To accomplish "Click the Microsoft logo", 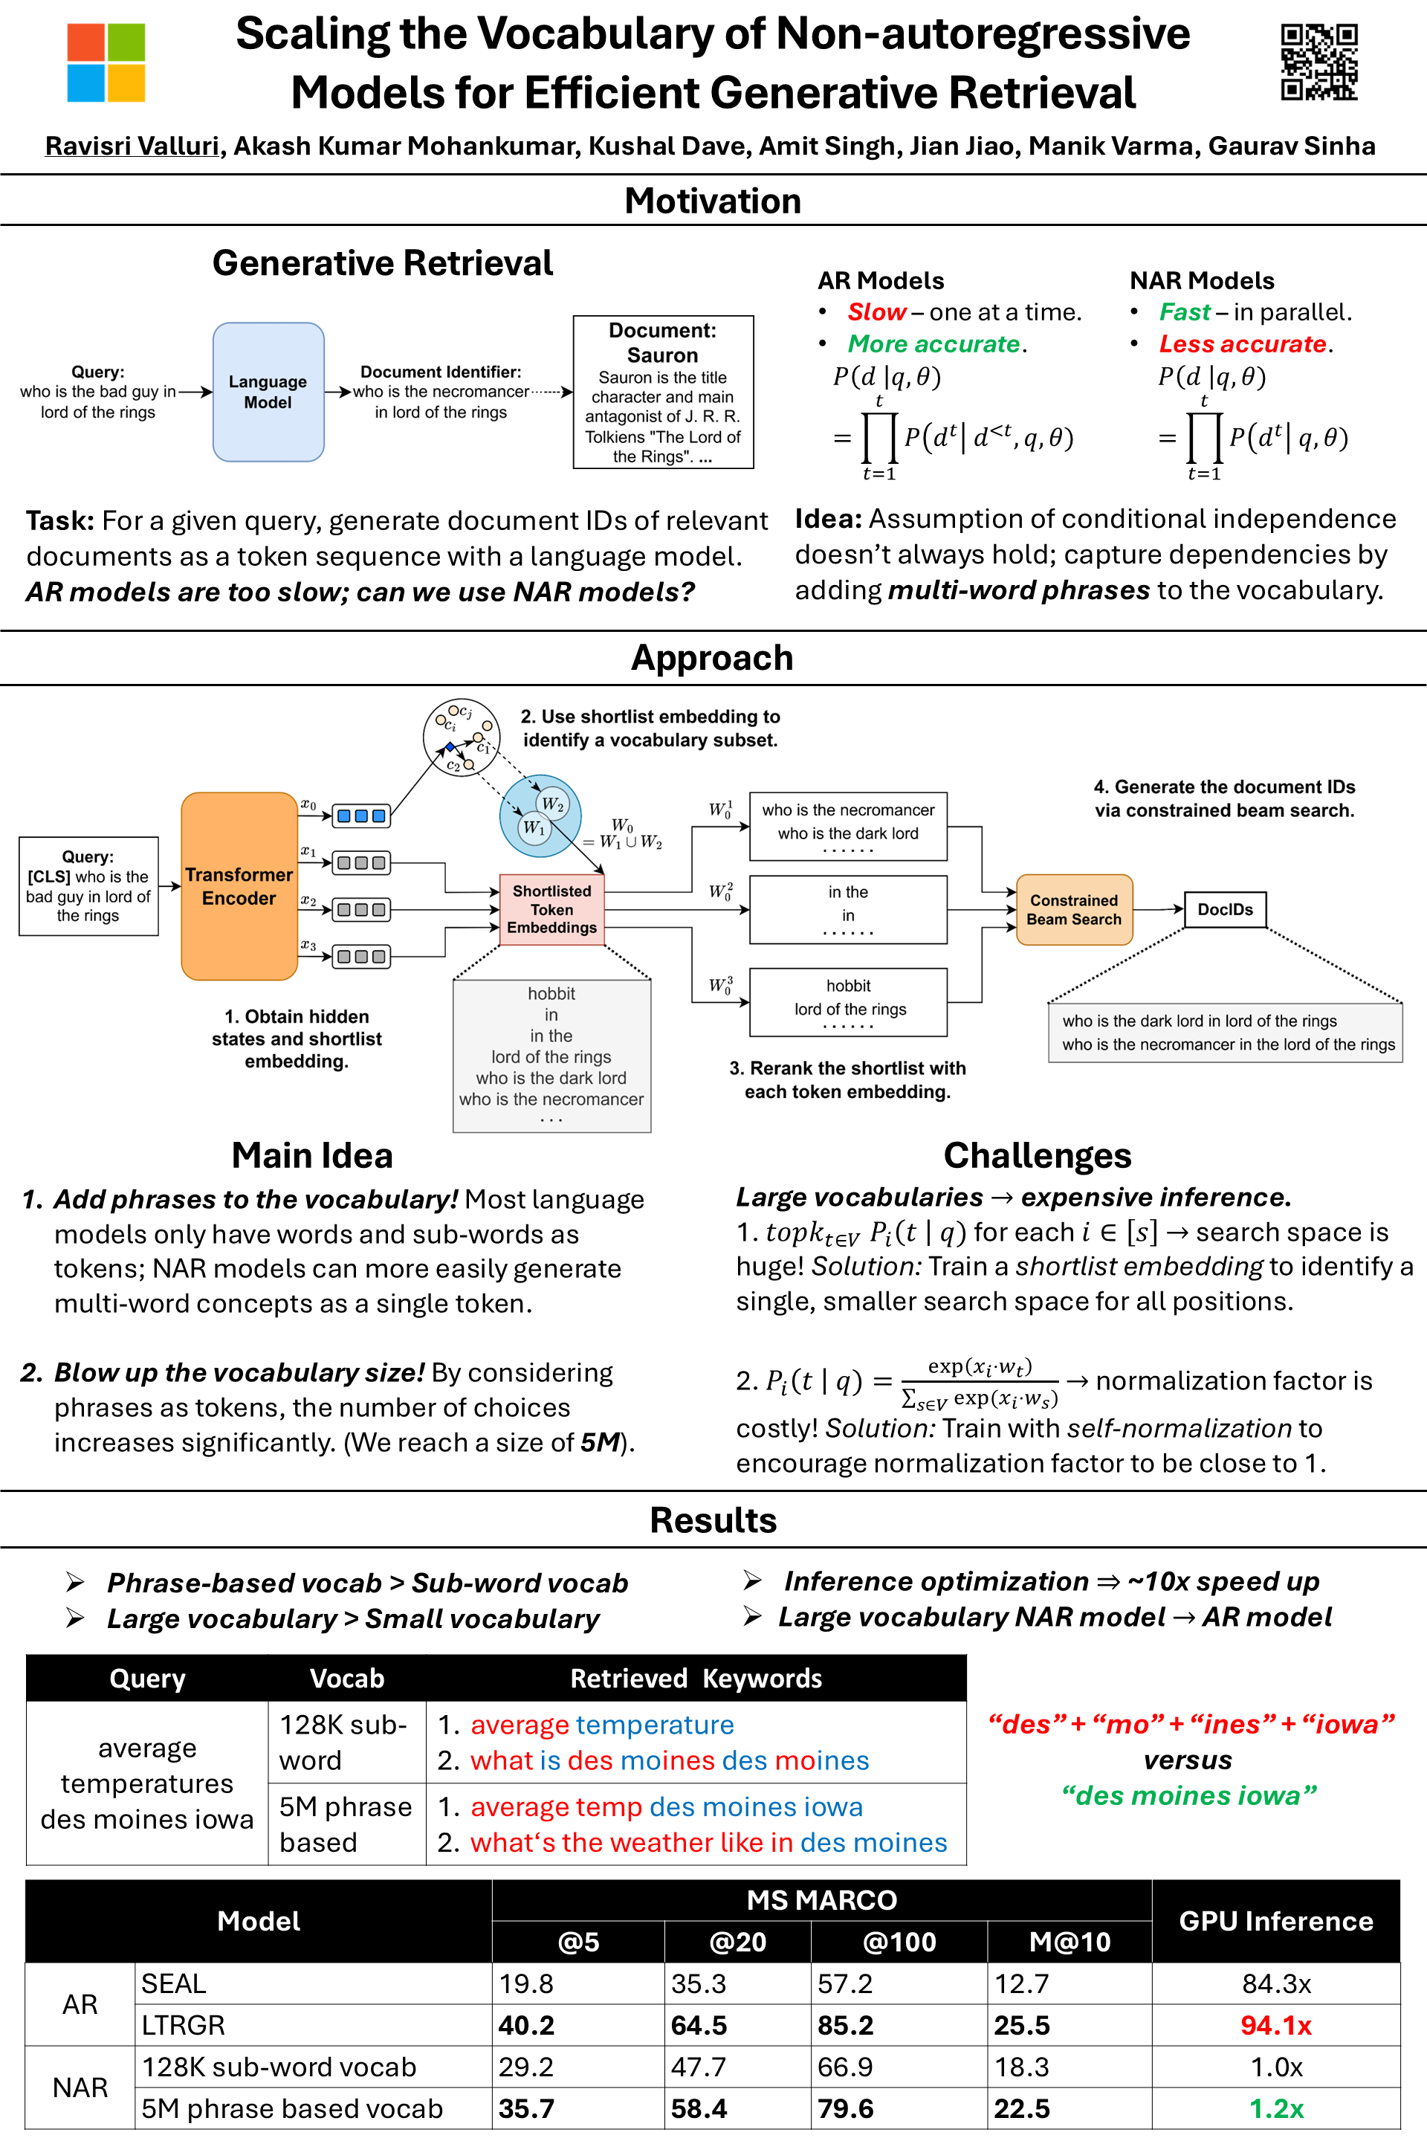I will coord(106,62).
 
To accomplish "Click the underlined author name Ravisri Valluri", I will coord(132,146).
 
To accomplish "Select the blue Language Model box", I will coord(268,392).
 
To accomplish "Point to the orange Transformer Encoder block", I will coord(239,885).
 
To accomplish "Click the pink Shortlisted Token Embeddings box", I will coord(551,908).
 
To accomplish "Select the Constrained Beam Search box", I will coord(1074,908).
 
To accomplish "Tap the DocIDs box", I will coord(1225,908).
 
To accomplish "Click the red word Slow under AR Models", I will coord(876,312).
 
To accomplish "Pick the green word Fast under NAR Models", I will coord(1184,312).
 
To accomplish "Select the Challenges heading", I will coord(1037,1155).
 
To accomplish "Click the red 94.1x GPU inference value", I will coord(1276,2024).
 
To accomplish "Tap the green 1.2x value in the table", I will coord(1276,2108).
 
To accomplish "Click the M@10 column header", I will coord(1070,1942).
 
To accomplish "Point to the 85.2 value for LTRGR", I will coord(846,2024).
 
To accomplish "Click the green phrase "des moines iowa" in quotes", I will coord(1188,1795).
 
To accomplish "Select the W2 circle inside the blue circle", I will coord(552,804).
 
